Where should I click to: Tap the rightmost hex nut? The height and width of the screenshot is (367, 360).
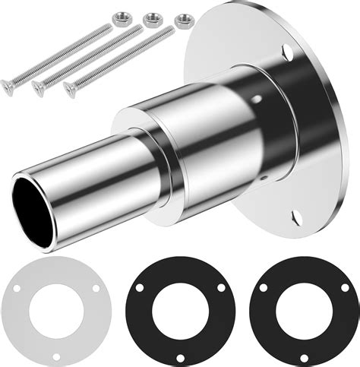coord(182,21)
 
